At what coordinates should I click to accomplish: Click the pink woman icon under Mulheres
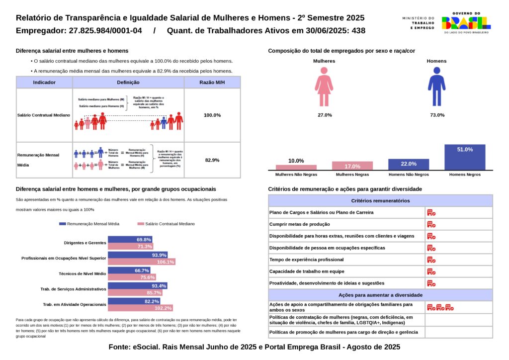(x=324, y=87)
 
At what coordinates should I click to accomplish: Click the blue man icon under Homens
(x=436, y=87)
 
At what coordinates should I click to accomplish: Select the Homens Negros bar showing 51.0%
(x=465, y=157)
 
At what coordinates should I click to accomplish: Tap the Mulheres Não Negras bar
(x=296, y=167)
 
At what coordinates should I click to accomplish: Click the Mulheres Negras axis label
(x=352, y=175)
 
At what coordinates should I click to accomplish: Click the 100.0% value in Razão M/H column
(x=212, y=115)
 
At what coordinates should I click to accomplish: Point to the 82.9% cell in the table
(x=212, y=160)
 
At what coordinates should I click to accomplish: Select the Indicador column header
(x=44, y=83)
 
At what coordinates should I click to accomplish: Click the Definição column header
(x=128, y=83)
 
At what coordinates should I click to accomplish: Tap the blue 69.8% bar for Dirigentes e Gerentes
(x=130, y=240)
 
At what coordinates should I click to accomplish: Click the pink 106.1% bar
(x=142, y=262)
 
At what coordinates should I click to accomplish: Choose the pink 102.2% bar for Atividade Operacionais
(x=141, y=308)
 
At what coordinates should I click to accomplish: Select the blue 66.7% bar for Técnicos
(x=129, y=270)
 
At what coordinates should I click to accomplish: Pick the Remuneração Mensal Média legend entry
(x=89, y=224)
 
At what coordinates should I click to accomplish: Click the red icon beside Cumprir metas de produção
(x=431, y=224)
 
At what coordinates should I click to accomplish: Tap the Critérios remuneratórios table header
(x=380, y=201)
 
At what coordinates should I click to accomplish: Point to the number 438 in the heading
(x=358, y=31)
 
